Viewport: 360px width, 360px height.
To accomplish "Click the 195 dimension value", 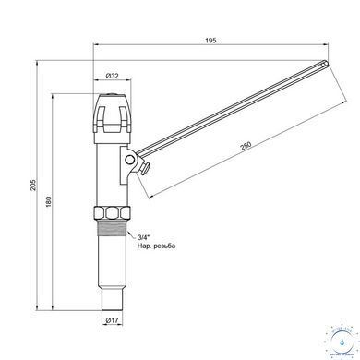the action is (x=210, y=41).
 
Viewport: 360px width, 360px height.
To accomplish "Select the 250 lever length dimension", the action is (x=246, y=146).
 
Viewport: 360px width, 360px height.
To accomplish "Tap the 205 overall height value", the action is (x=33, y=185).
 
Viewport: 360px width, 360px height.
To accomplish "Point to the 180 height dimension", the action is (x=49, y=201).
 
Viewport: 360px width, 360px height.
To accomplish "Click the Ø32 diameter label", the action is (x=112, y=76).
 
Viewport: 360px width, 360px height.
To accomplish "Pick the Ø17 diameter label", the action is (x=112, y=320).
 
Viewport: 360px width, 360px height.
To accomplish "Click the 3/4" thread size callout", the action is (x=143, y=237).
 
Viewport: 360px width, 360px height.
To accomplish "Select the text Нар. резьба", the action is (x=156, y=246).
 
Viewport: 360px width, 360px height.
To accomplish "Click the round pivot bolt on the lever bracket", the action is (x=129, y=159).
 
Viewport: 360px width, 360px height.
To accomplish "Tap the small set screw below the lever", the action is (x=144, y=169).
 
